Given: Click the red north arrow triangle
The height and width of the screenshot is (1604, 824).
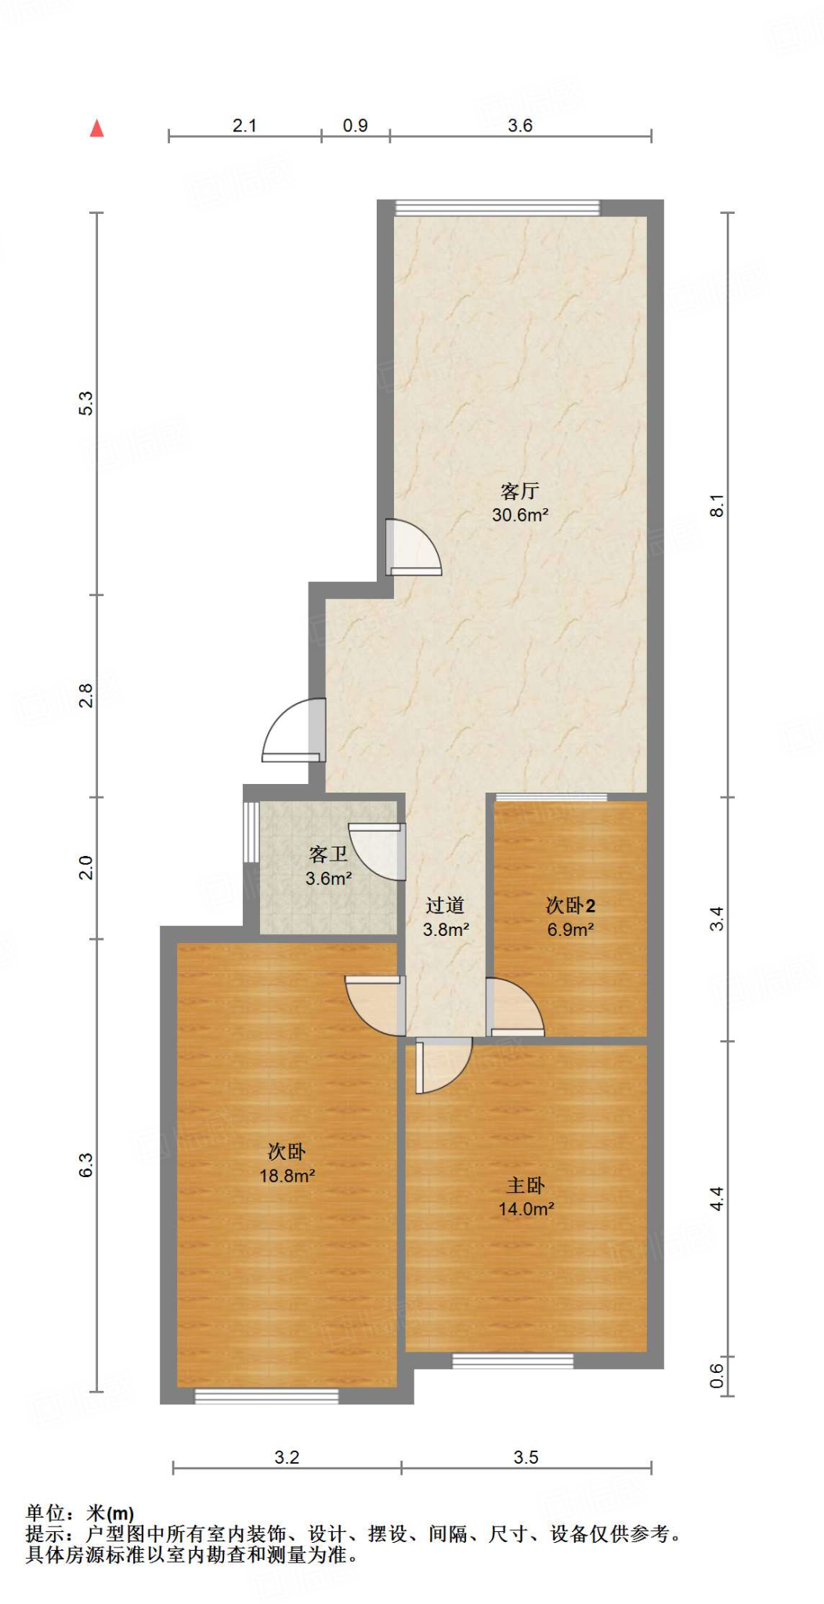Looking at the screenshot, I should (x=96, y=128).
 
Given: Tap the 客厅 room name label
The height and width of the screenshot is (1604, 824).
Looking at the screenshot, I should (x=519, y=491).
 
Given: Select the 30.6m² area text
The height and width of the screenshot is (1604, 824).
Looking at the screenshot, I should (x=519, y=515).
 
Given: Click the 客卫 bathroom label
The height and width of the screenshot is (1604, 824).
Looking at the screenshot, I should (x=327, y=854).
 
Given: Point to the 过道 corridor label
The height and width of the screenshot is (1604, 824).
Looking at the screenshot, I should (x=445, y=905).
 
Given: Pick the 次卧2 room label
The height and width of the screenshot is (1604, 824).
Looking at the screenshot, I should (x=570, y=906).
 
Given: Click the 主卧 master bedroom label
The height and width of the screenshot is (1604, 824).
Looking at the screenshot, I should (x=526, y=1186).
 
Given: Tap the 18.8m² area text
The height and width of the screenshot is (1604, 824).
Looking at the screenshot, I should (x=287, y=1176).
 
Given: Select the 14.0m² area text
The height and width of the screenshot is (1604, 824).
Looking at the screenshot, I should (x=526, y=1209).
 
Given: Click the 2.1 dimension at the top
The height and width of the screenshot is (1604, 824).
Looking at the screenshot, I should (x=244, y=125).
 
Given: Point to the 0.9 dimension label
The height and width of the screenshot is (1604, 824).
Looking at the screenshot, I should (x=355, y=125).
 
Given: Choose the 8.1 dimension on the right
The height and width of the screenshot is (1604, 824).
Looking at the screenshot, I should (x=717, y=505).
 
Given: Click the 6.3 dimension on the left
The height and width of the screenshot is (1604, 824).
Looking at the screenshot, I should (x=86, y=1165).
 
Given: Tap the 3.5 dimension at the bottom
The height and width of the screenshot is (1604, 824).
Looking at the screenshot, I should (x=526, y=1458).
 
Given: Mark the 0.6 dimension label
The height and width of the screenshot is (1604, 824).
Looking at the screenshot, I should (x=717, y=1375).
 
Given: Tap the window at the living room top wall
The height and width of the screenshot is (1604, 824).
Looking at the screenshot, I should (x=497, y=208).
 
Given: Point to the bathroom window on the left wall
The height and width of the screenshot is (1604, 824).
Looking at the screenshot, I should (x=251, y=831).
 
